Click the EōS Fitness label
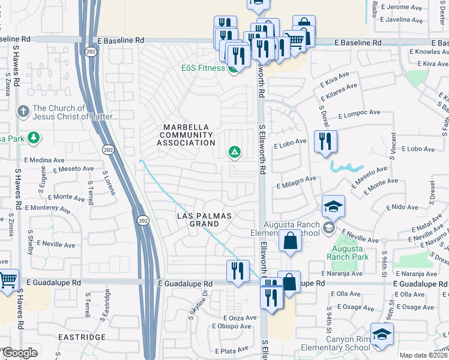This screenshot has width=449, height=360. pos(203,68)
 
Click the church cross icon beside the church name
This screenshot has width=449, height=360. pos(23,112)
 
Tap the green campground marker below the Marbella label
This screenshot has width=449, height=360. pos(234,153)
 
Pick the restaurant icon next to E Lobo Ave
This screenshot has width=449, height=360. pos(325,142)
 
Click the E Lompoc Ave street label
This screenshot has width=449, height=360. pos(359,113)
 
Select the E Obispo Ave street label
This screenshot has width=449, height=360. pos(232,326)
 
